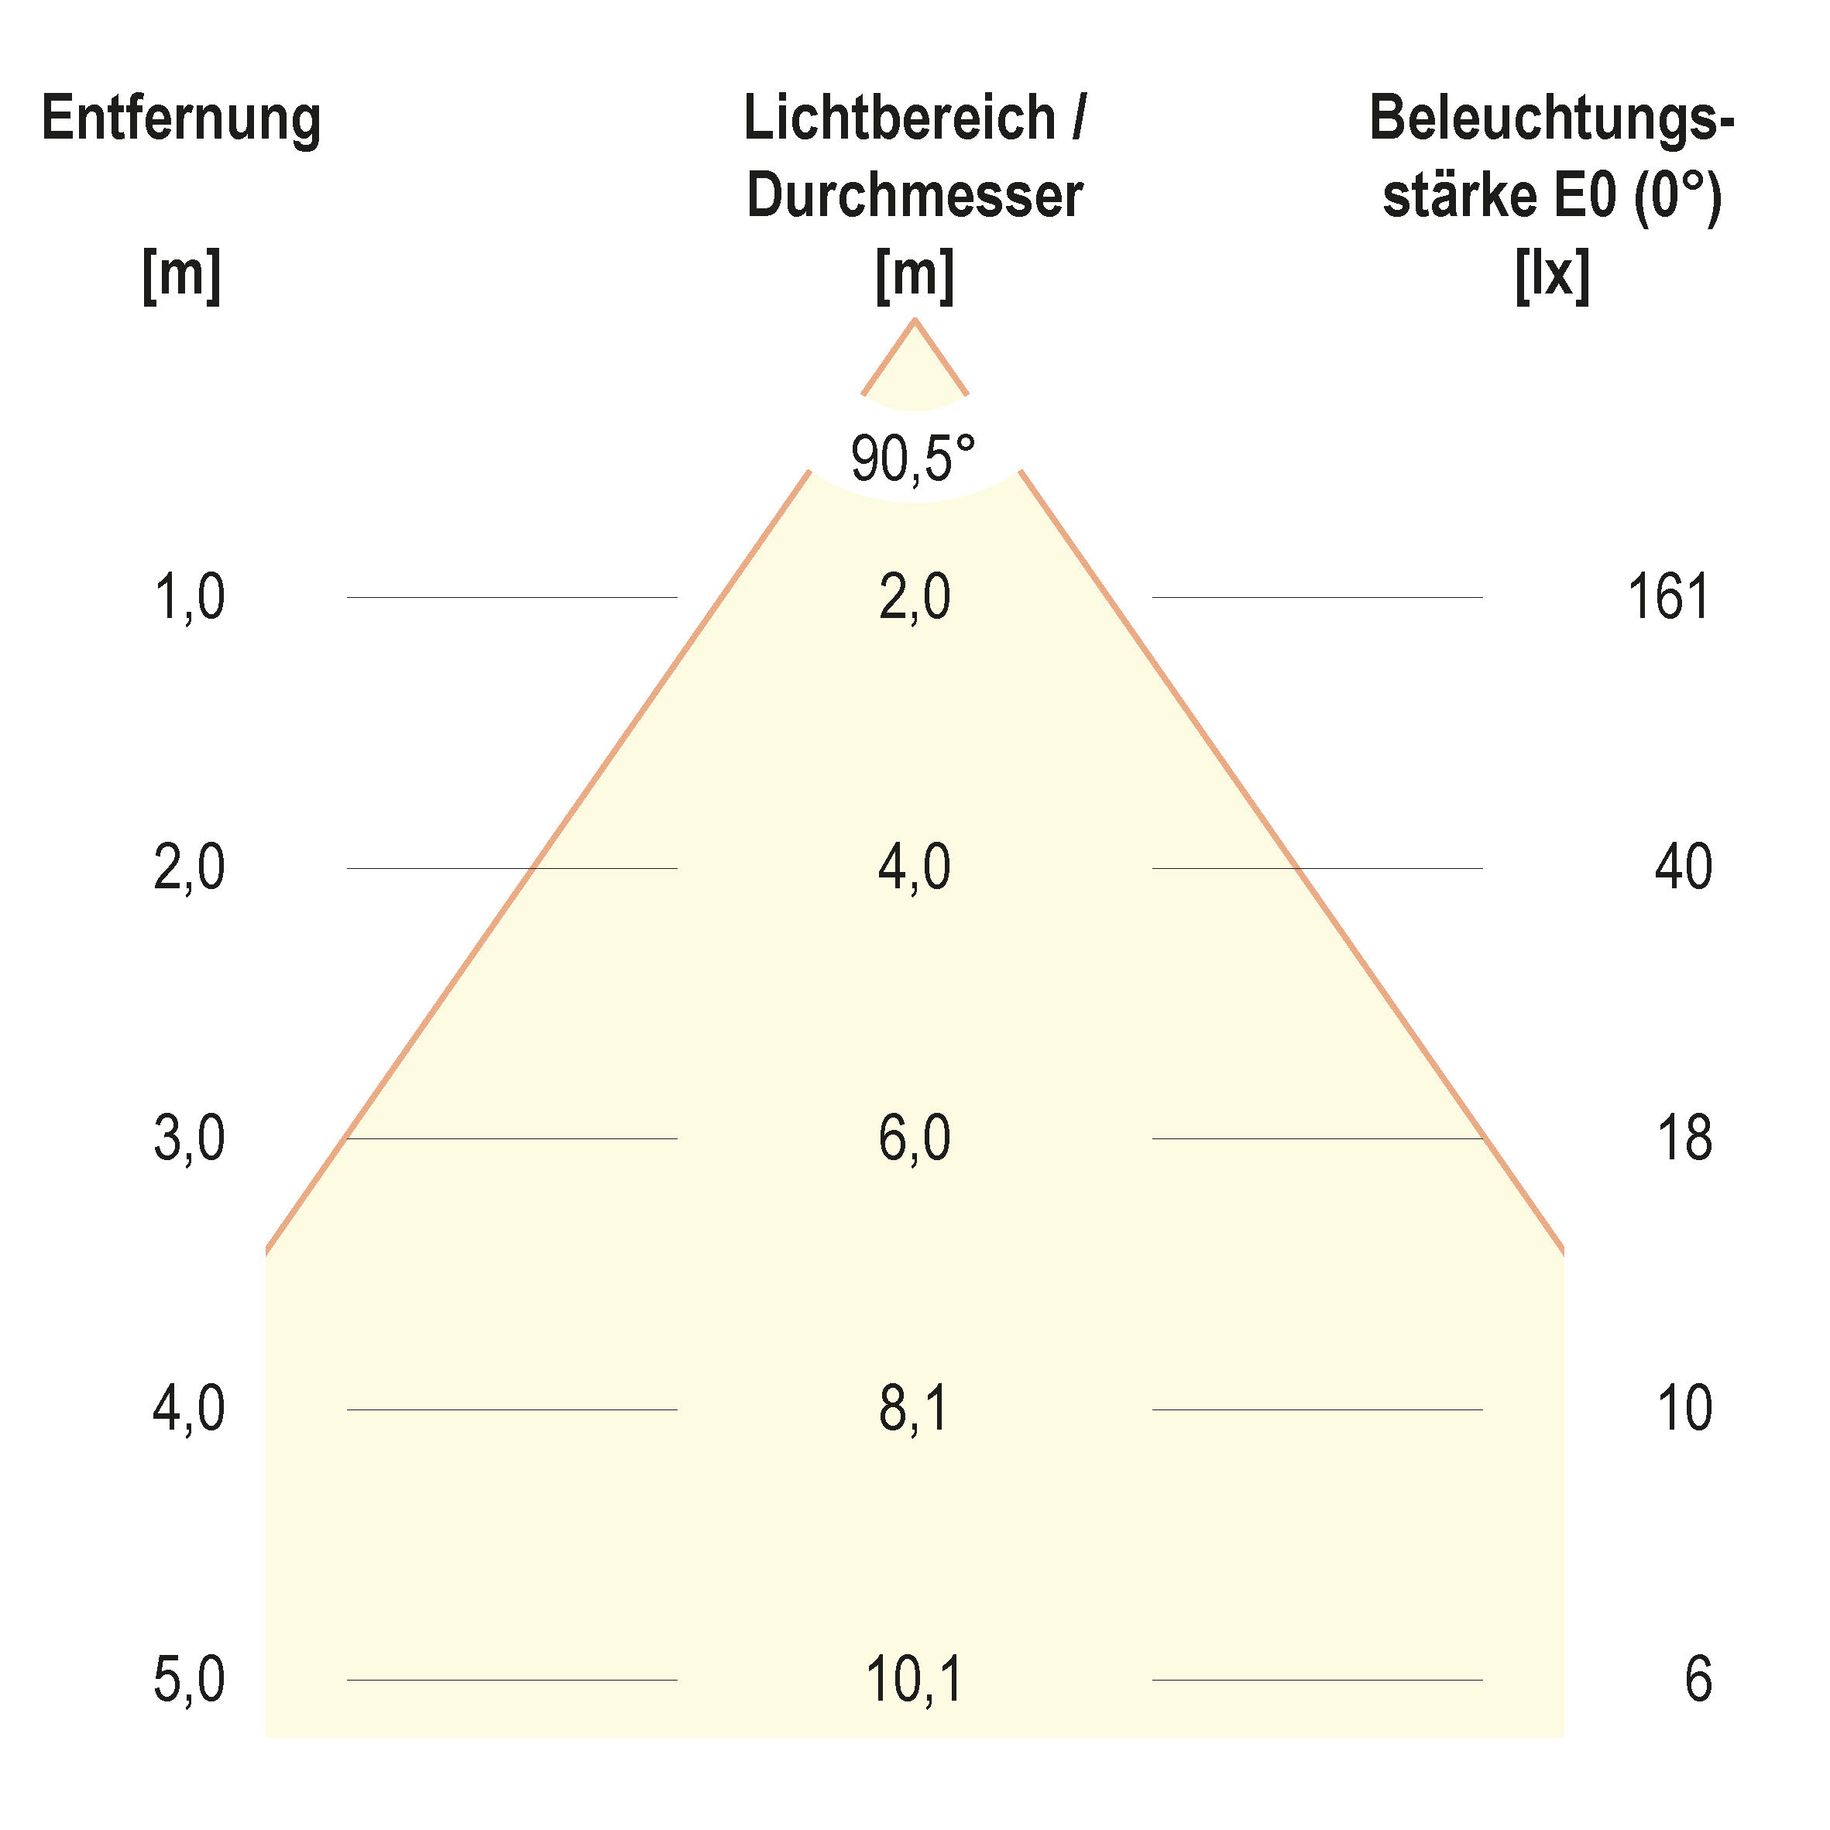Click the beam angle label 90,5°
912,458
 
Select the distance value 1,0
190,598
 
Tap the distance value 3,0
190,1138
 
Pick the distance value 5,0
190,1680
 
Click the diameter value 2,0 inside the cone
914,598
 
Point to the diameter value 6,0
914,1138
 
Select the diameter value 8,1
913,1409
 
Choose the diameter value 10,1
914,1680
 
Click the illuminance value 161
1668,598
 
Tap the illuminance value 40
1683,867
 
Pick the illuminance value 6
1698,1680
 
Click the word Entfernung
181,119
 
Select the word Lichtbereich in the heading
899,119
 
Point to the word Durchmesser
914,196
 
